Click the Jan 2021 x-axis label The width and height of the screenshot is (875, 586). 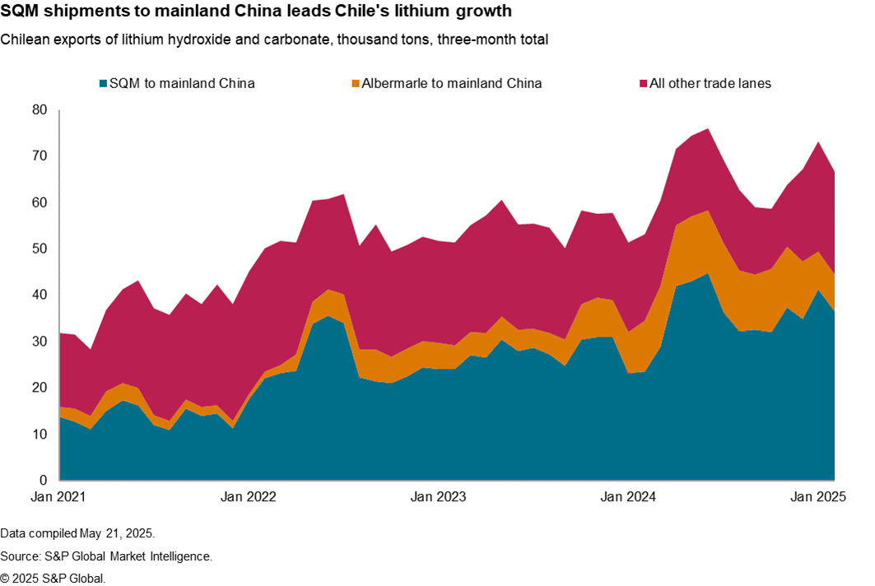(60, 497)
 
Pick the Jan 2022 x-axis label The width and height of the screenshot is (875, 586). (249, 497)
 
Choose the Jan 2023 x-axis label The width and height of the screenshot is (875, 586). (437, 497)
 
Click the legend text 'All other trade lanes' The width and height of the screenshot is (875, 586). (710, 83)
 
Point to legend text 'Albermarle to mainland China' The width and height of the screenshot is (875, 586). (452, 83)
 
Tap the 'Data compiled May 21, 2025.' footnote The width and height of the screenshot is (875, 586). (77, 533)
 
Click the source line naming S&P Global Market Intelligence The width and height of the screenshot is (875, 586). (106, 556)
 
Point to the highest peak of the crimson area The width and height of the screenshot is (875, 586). (709, 128)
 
